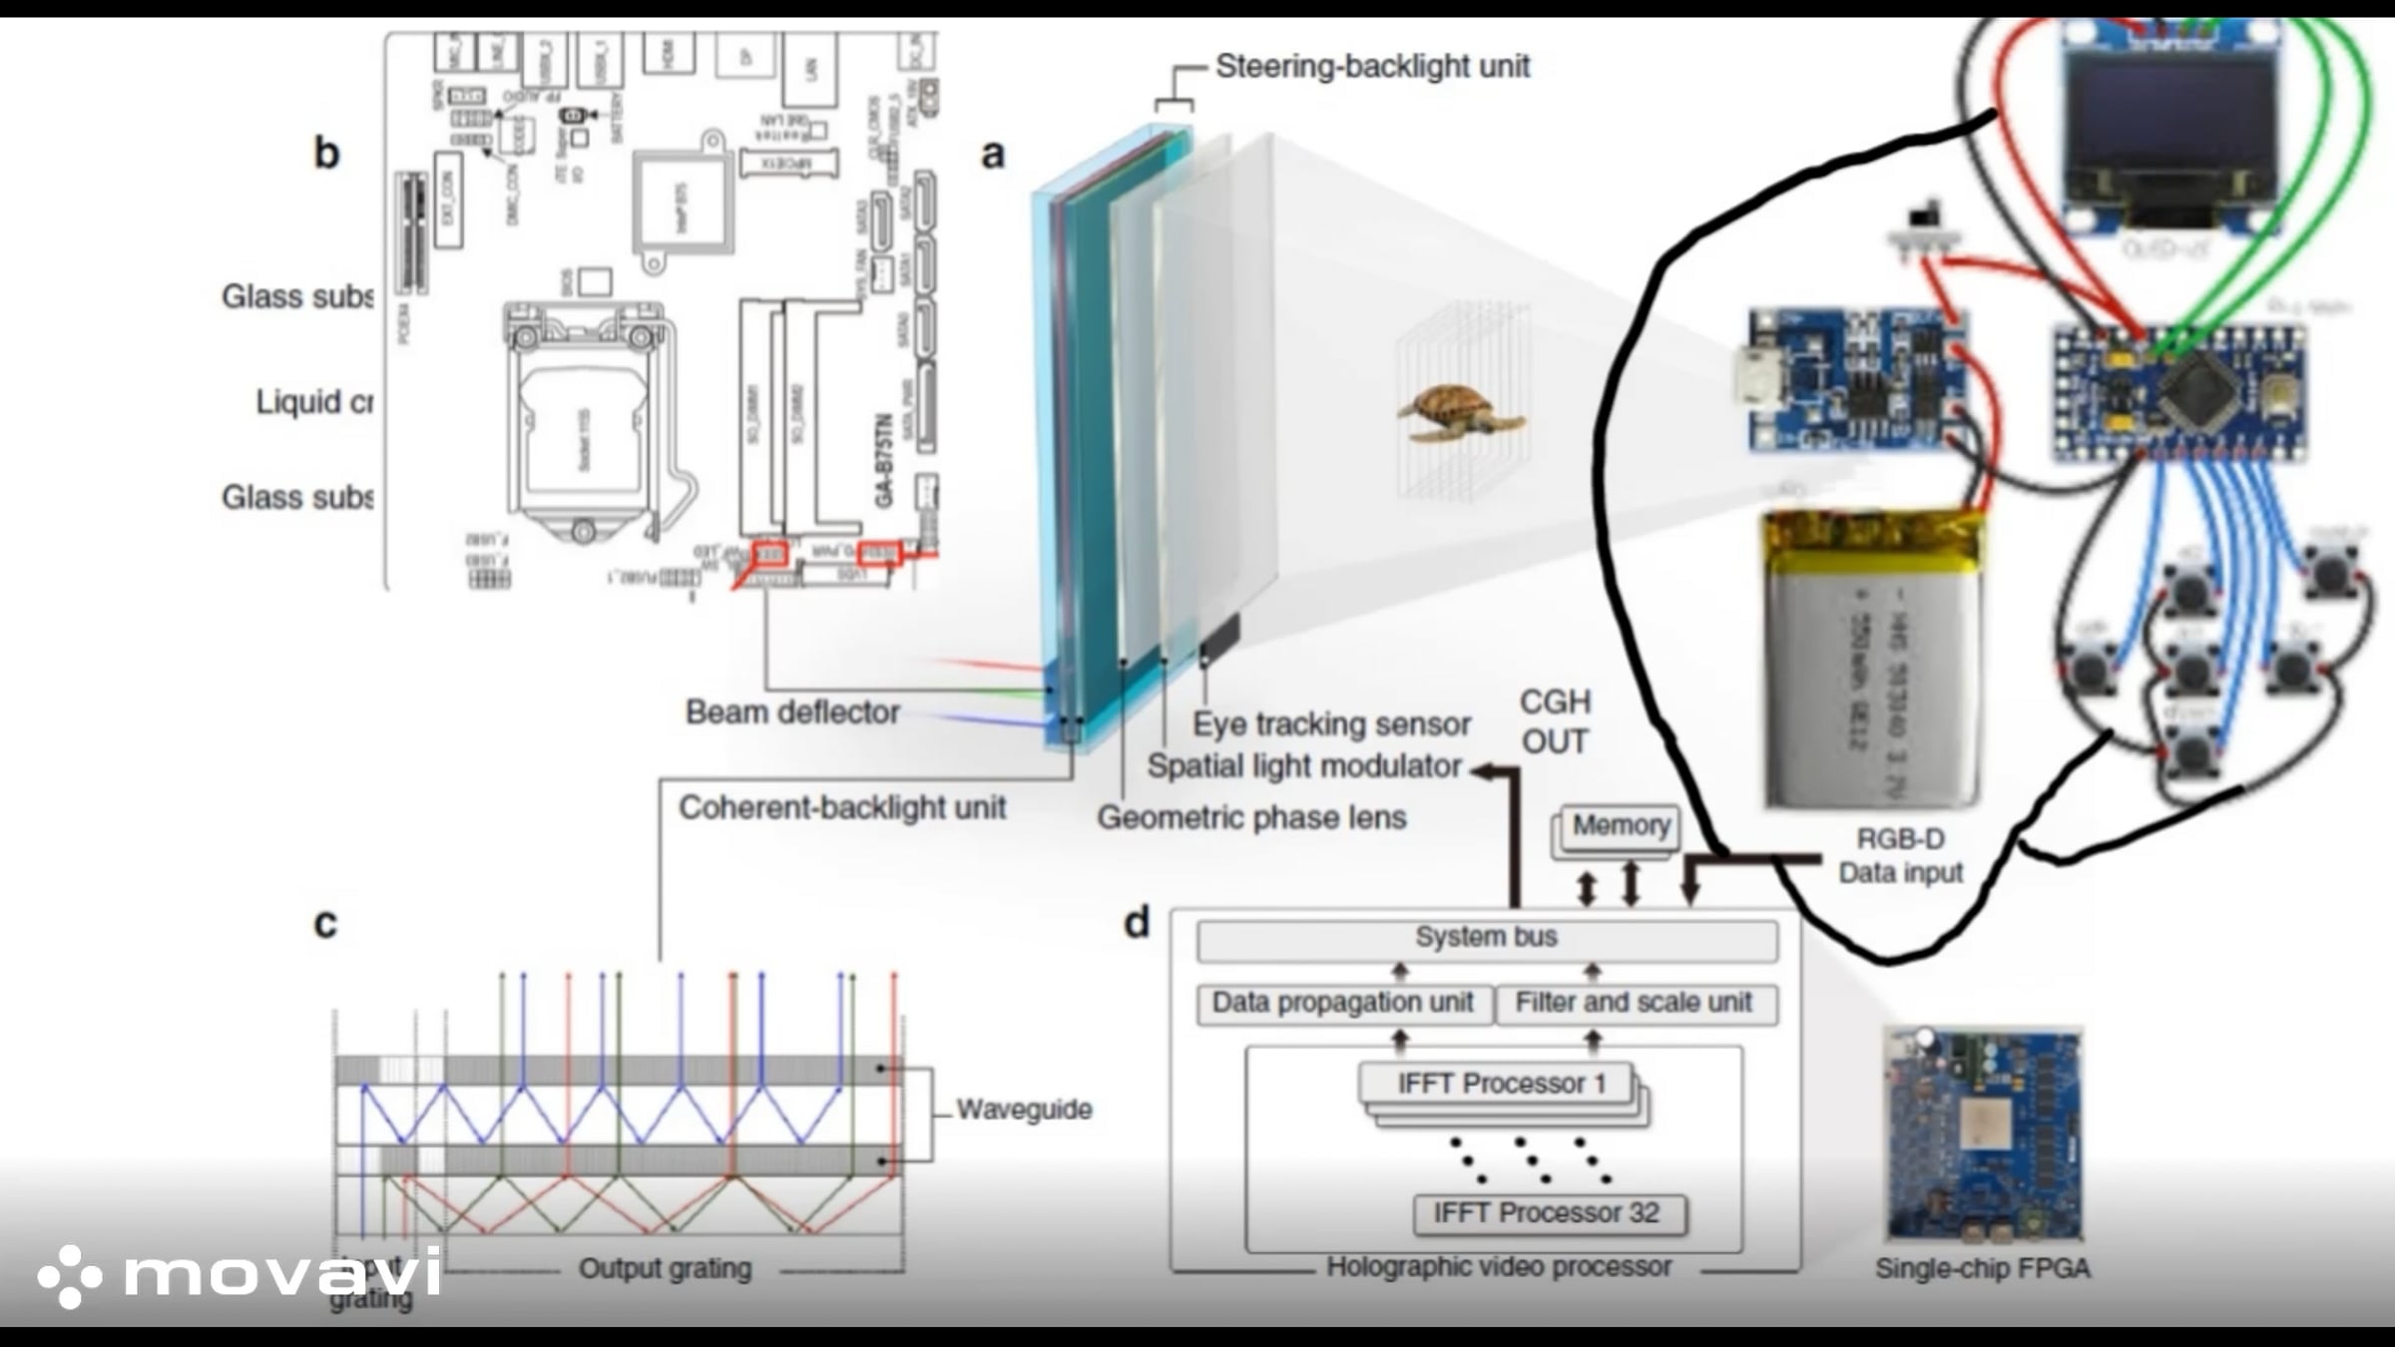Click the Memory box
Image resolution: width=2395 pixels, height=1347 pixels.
pyautogui.click(x=1621, y=826)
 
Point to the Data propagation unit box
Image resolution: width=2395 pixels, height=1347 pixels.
pyautogui.click(x=1343, y=1004)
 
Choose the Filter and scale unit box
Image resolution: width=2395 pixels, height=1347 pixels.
pyautogui.click(x=1635, y=1004)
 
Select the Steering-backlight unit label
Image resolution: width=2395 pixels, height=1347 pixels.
pyautogui.click(x=1372, y=67)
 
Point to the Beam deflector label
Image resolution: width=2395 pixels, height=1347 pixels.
pyautogui.click(x=792, y=712)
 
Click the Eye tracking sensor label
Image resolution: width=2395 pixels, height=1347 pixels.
pyautogui.click(x=1331, y=724)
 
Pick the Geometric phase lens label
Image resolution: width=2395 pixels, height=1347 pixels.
pyautogui.click(x=1251, y=818)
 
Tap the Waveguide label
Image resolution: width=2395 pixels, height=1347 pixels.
pyautogui.click(x=1024, y=1110)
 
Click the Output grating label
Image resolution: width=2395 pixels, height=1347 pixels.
pyautogui.click(x=666, y=1269)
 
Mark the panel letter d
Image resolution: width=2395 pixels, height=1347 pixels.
pyautogui.click(x=1137, y=923)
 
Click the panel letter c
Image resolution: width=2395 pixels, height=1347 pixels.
pyautogui.click(x=325, y=924)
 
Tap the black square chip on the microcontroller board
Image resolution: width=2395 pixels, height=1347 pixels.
pyautogui.click(x=2195, y=390)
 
